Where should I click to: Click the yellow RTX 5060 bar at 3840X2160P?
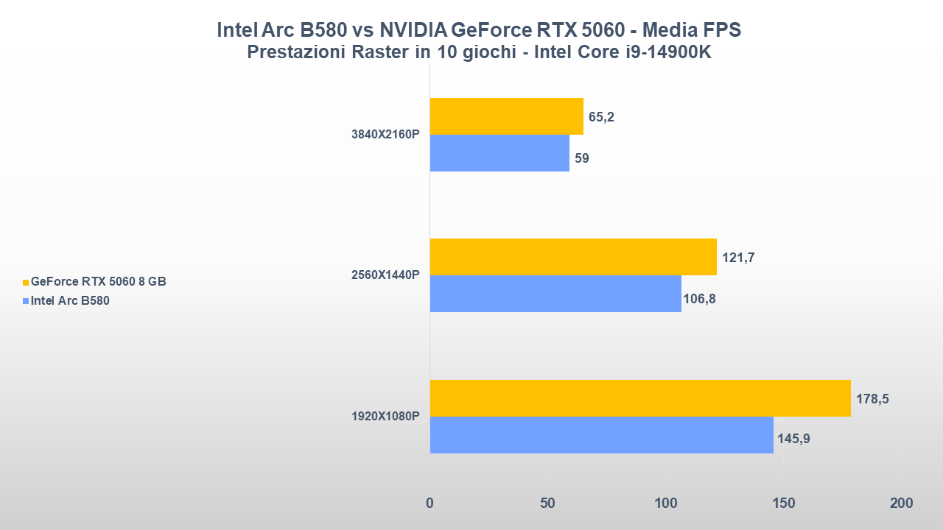point(506,116)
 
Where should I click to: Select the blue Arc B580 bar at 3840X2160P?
point(499,153)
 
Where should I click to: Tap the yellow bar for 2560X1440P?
point(573,257)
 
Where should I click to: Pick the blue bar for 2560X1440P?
point(555,294)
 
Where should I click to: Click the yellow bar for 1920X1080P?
point(639,398)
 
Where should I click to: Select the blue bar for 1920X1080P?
point(601,435)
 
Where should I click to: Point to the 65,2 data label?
point(601,117)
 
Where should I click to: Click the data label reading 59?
point(581,158)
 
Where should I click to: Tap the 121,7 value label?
point(738,258)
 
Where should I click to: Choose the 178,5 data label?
point(872,399)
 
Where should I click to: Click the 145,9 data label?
point(793,439)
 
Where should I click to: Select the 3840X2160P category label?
point(385,135)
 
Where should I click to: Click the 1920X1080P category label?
point(385,417)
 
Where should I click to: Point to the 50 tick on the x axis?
point(547,504)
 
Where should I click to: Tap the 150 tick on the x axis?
point(783,504)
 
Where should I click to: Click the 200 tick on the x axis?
point(900,504)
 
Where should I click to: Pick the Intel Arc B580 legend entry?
point(70,300)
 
